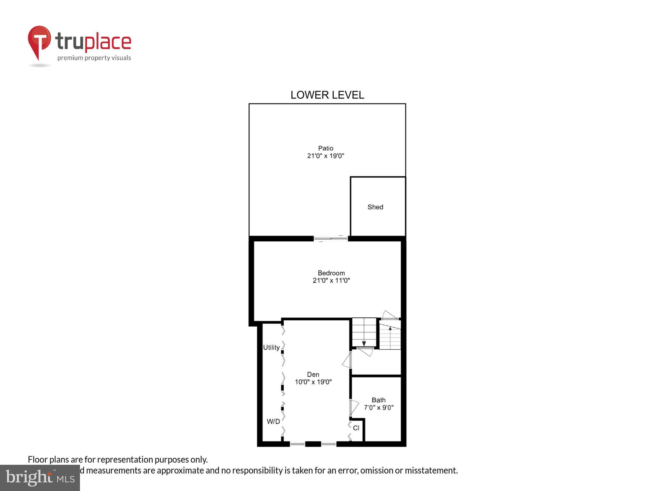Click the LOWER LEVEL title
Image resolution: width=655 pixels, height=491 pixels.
[327, 95]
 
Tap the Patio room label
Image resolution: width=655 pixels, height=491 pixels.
[326, 148]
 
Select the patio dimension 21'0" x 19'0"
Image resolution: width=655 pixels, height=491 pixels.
[326, 156]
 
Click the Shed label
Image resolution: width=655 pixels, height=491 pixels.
[375, 207]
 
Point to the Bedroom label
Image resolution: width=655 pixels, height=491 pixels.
[331, 273]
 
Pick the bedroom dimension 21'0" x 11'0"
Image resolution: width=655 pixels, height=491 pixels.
[331, 281]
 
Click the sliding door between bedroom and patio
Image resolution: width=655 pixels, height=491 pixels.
[331, 238]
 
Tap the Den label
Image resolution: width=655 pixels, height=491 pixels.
[313, 374]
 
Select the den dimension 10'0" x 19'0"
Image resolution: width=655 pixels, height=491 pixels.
[313, 382]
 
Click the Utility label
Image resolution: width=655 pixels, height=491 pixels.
[271, 347]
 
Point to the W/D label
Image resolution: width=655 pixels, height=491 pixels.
[273, 422]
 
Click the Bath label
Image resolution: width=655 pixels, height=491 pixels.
[378, 400]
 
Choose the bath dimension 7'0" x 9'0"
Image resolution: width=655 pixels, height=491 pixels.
[378, 408]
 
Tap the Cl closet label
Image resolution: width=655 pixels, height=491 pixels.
[356, 428]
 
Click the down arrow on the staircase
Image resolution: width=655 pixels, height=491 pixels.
[364, 344]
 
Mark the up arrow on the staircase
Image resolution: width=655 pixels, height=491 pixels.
[390, 328]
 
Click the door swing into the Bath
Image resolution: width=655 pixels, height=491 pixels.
[354, 407]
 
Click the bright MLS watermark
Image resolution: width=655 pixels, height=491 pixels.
[40, 478]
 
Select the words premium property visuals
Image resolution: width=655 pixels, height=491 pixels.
[94, 58]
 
